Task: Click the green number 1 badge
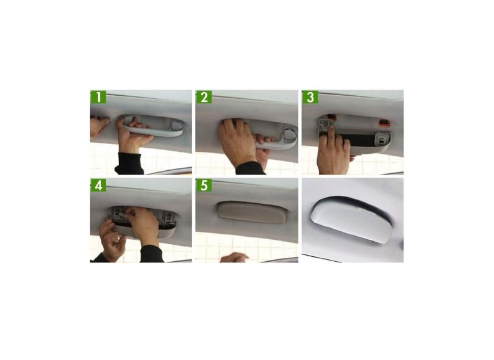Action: (98, 97)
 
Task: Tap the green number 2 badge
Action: (204, 97)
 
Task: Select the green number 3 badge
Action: (310, 97)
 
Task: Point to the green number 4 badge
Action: (98, 185)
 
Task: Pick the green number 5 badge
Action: (204, 185)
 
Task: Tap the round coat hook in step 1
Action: (176, 127)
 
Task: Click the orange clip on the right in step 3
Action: (383, 122)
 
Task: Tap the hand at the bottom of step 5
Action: (234, 257)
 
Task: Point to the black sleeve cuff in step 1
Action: (130, 164)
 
